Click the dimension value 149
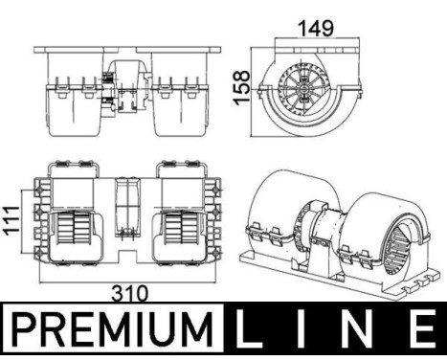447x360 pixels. [316, 28]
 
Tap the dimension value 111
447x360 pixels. [12, 220]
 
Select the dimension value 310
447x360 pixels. [130, 293]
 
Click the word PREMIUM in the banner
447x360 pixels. [112, 328]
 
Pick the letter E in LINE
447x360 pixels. [421, 328]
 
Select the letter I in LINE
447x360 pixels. [301, 328]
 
